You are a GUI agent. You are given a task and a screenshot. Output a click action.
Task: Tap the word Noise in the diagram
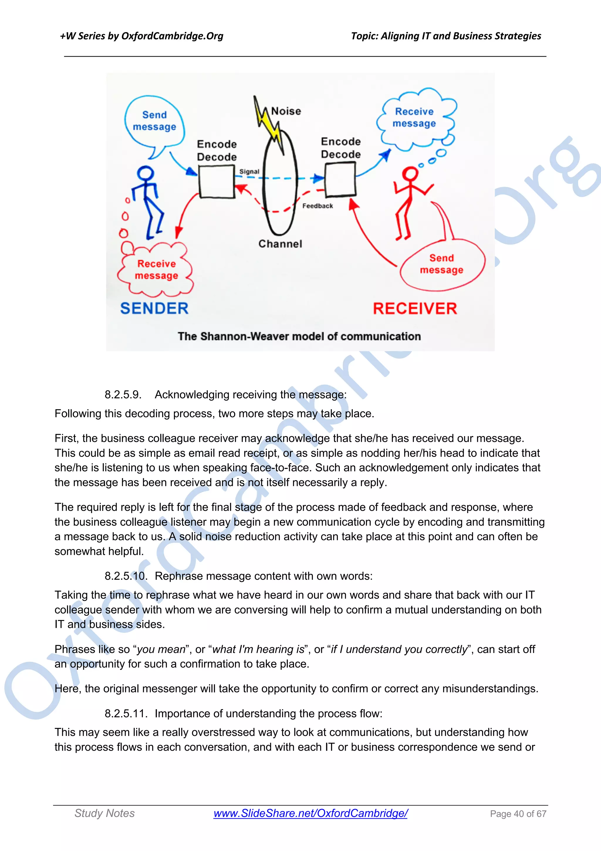pyautogui.click(x=286, y=111)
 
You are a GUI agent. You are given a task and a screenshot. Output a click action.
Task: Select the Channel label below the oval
pyautogui.click(x=280, y=244)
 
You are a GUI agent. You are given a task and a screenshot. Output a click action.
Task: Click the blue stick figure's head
pyautogui.click(x=146, y=174)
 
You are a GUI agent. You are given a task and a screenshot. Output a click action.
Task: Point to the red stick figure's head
pyautogui.click(x=410, y=174)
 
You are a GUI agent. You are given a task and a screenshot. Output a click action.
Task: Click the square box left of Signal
pyautogui.click(x=217, y=181)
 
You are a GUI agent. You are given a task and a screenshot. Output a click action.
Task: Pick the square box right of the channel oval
pyautogui.click(x=340, y=179)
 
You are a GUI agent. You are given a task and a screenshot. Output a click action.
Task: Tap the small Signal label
pyautogui.click(x=249, y=171)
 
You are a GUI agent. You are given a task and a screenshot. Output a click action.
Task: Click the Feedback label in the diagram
pyautogui.click(x=317, y=206)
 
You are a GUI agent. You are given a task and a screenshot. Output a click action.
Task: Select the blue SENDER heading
pyautogui.click(x=154, y=308)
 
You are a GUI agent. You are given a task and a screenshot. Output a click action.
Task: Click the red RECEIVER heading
pyautogui.click(x=415, y=309)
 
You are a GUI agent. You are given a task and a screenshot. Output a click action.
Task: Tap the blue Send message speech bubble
pyautogui.click(x=154, y=121)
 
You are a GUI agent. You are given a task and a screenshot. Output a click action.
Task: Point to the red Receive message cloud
pyautogui.click(x=156, y=270)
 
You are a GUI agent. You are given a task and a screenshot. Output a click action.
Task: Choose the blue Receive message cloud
pyautogui.click(x=414, y=117)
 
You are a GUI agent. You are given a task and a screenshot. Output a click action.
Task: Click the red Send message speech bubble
pyautogui.click(x=441, y=264)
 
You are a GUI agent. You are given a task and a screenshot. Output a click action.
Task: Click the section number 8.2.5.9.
pyautogui.click(x=123, y=395)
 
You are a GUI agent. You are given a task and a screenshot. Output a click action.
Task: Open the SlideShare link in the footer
pyautogui.click(x=310, y=813)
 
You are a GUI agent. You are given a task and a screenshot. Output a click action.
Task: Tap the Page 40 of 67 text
pyautogui.click(x=518, y=814)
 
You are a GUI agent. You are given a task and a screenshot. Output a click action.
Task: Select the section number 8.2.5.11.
pyautogui.click(x=126, y=714)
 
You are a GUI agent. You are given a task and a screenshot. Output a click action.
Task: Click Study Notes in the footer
pyautogui.click(x=104, y=813)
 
